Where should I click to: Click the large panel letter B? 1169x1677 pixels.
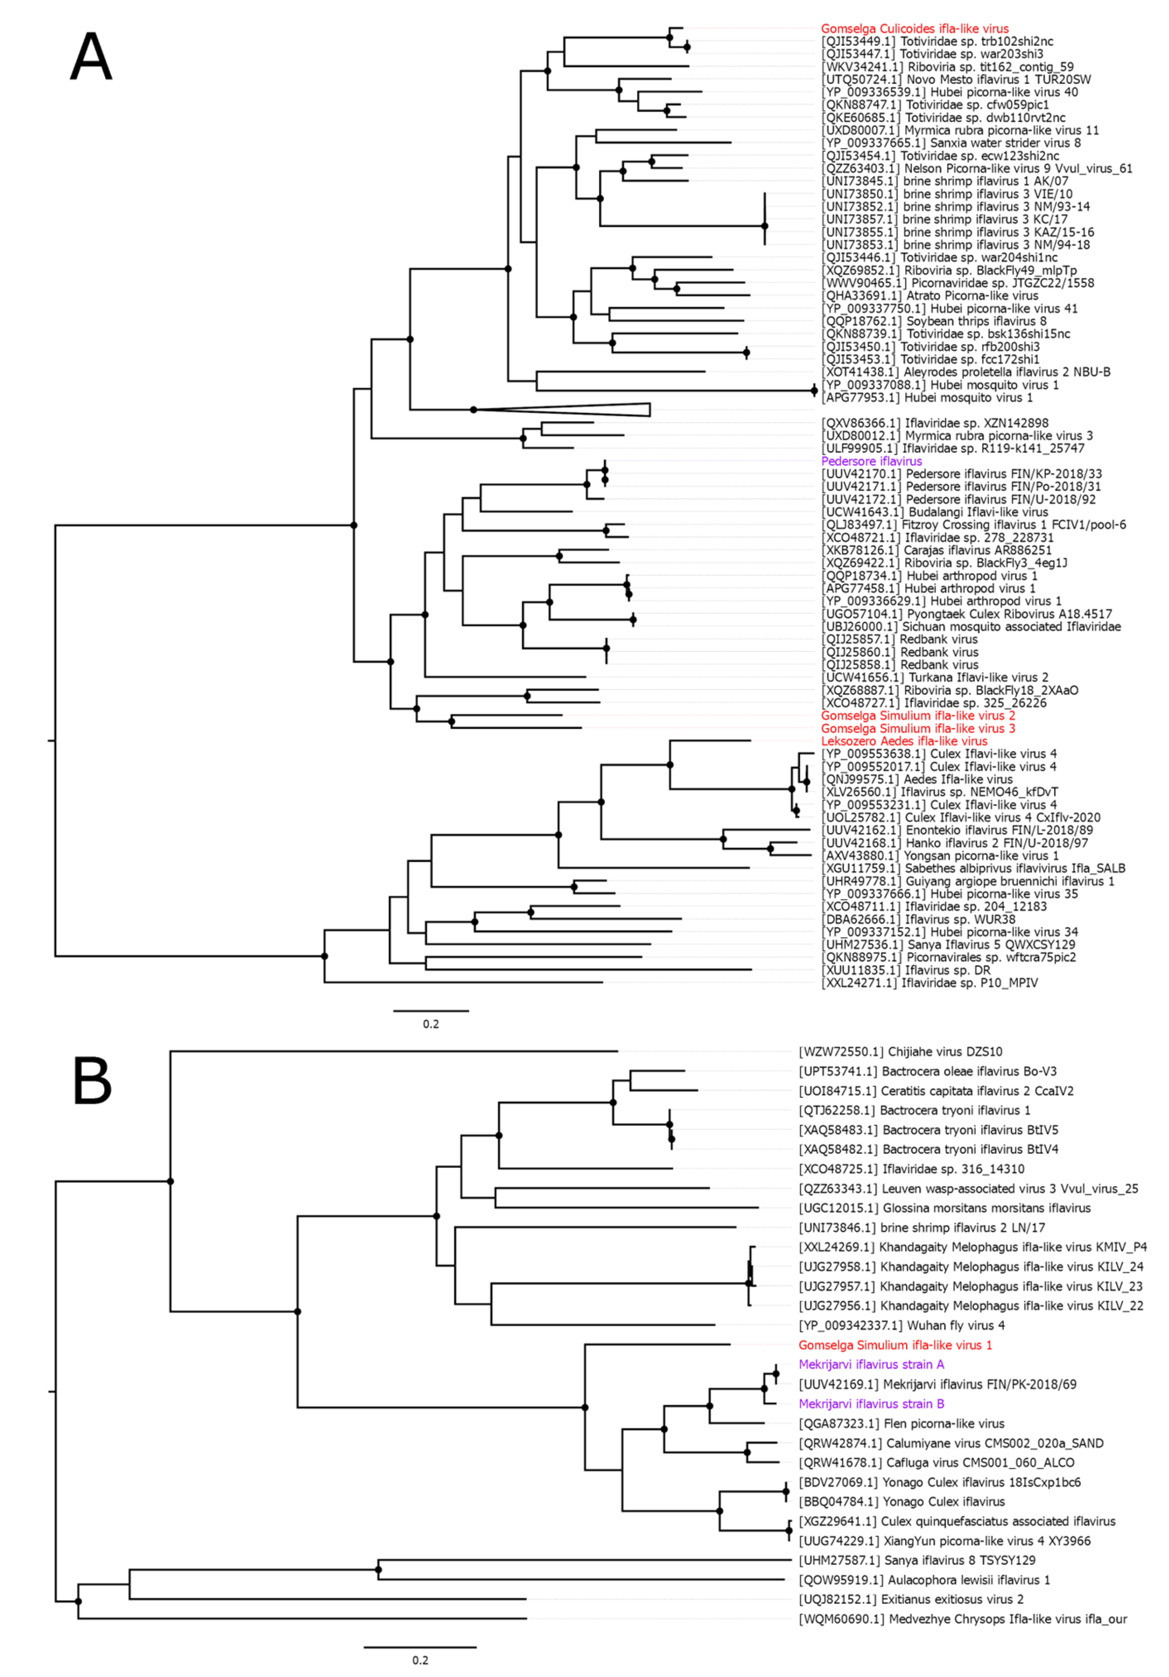point(91,1081)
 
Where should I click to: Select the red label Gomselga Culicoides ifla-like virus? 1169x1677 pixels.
point(914,29)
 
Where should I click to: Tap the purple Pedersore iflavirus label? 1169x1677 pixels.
point(871,461)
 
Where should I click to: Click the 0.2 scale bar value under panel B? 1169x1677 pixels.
point(420,1660)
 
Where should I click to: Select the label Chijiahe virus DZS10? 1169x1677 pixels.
point(900,1052)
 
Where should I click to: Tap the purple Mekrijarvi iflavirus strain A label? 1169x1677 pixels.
point(871,1364)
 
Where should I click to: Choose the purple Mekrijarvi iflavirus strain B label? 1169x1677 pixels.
point(871,1404)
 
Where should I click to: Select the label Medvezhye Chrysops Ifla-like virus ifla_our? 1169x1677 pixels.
point(962,1619)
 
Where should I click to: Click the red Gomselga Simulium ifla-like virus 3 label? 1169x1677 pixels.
point(918,728)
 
